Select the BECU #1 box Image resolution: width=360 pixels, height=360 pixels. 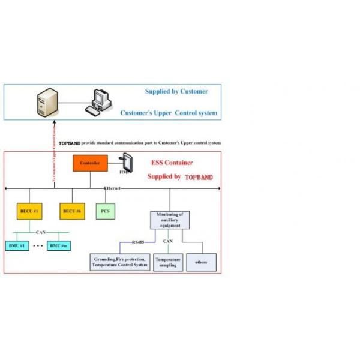(29, 211)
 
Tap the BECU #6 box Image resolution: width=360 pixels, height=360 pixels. (72, 211)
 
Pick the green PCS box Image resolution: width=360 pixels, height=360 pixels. (105, 211)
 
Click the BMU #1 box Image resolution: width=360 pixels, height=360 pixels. (16, 246)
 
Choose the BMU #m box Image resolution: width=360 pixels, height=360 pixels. (59, 246)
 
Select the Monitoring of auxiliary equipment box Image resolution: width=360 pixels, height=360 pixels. (169, 220)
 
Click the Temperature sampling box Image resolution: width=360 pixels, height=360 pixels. (168, 262)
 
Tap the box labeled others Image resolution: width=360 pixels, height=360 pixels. (201, 262)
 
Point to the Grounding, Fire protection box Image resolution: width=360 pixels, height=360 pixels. (120, 262)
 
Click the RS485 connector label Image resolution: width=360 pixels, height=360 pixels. (139, 242)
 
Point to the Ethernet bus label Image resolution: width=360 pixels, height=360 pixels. (112, 188)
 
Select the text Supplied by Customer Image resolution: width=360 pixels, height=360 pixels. (176, 92)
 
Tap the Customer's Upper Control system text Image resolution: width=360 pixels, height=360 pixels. (169, 113)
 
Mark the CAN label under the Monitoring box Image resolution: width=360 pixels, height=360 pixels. (169, 242)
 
